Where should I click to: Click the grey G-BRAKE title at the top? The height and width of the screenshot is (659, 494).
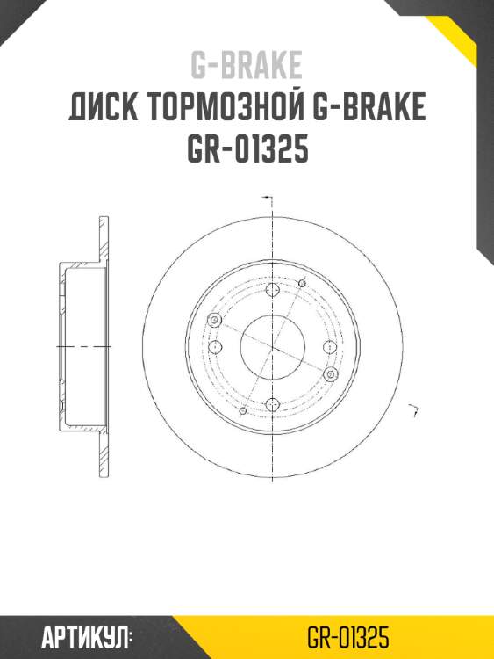247,64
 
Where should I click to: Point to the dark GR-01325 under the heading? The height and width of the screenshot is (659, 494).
247,150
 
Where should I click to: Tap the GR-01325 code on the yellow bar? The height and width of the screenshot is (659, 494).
348,637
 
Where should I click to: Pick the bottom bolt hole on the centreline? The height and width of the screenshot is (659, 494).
272,404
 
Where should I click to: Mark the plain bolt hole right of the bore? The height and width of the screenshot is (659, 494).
328,346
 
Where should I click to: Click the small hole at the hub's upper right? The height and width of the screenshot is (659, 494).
302,283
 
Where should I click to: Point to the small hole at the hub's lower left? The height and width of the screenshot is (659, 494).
242,409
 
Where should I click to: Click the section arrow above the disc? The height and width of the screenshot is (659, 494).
268,198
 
